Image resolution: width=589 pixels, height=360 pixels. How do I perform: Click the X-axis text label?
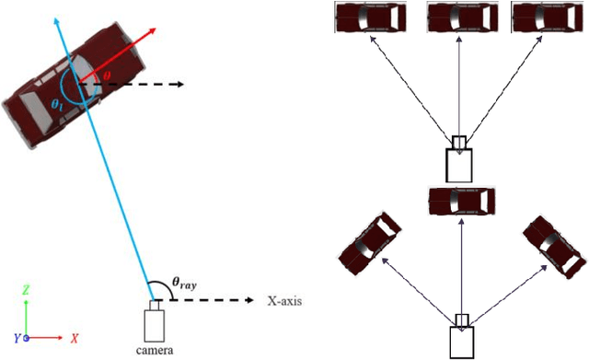coord(284,301)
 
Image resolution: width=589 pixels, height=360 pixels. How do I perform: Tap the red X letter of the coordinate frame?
coord(74,337)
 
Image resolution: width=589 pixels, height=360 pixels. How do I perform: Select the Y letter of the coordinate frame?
coord(17,338)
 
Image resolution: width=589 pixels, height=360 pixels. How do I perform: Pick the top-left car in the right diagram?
coord(371,17)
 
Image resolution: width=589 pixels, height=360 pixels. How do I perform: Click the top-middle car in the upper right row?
coord(460,17)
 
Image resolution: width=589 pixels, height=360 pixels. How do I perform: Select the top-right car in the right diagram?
coord(547,17)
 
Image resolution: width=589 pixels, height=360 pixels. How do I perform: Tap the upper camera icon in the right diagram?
coord(459,160)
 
